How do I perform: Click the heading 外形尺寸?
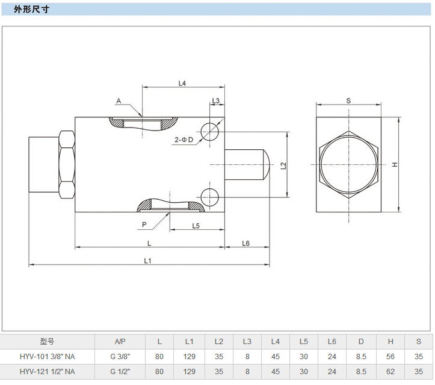[29, 10]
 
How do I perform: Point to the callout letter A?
[119, 101]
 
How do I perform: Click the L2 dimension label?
[283, 165]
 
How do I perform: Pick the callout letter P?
[144, 224]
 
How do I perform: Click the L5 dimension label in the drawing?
[196, 226]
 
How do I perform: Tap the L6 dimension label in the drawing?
[246, 243]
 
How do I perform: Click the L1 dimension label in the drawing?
[148, 260]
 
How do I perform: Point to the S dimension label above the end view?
[348, 100]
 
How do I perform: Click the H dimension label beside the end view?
[395, 165]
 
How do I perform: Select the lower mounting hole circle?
[210, 197]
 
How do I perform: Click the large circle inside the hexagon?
[349, 164]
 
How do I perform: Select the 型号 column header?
[48, 341]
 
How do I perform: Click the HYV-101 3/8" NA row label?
[48, 356]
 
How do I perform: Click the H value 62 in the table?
[390, 371]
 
